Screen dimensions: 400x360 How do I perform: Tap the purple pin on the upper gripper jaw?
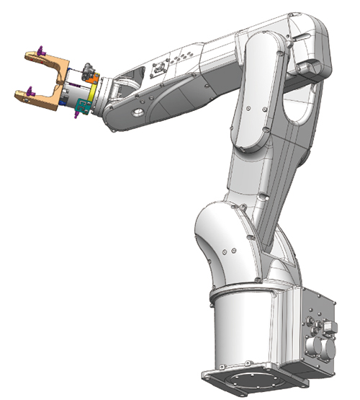[x=42, y=51]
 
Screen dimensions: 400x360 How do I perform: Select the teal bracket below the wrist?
[x=82, y=108]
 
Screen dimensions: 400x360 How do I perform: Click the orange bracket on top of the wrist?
[x=93, y=78]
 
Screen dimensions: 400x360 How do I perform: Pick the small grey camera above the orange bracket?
[x=88, y=69]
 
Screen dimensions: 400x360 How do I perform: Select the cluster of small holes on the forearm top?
[x=184, y=54]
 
